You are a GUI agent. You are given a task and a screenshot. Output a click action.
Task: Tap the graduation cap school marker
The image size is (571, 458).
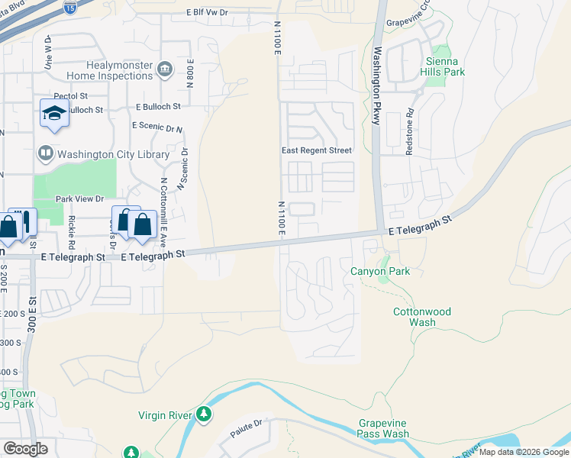(x=54, y=114)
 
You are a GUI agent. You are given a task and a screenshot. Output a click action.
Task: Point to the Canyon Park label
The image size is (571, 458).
(x=380, y=271)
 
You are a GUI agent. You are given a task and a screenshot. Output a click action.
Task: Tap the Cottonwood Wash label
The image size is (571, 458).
(x=422, y=317)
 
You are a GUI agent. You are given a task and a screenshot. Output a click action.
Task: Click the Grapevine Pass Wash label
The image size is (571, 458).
(x=384, y=428)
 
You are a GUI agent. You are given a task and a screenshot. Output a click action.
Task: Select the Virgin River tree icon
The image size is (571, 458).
(x=204, y=414)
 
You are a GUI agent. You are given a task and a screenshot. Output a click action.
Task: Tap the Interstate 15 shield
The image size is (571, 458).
(x=70, y=9)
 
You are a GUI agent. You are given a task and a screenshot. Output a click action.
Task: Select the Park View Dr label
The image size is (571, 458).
(x=79, y=198)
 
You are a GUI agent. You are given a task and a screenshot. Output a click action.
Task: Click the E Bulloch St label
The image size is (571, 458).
(x=158, y=107)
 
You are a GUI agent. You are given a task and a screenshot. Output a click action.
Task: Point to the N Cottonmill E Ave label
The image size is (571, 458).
(x=163, y=210)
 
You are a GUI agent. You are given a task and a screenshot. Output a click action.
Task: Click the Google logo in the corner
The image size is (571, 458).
(x=25, y=449)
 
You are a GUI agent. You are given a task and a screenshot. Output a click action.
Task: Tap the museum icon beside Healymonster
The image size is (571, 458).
(x=163, y=71)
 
